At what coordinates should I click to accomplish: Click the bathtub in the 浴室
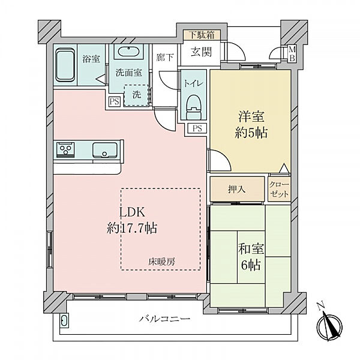(65, 65)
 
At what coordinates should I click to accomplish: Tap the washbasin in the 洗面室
(128, 52)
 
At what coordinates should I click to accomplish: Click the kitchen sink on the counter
(104, 150)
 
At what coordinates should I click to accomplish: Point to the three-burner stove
(65, 150)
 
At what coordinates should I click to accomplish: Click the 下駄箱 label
(202, 35)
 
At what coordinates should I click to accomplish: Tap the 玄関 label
(201, 52)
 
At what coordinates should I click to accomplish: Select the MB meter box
(292, 54)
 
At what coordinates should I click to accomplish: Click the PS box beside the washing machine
(115, 101)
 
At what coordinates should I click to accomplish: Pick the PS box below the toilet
(197, 128)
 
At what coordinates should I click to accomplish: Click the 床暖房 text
(161, 262)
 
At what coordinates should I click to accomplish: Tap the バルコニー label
(164, 319)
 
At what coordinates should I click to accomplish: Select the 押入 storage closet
(237, 189)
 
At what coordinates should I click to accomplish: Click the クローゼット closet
(280, 189)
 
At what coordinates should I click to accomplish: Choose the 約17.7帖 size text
(132, 229)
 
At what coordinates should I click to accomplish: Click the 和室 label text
(251, 249)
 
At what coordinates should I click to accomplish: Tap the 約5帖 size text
(251, 133)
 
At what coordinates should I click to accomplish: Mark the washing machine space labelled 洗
(136, 95)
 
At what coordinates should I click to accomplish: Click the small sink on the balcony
(64, 320)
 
